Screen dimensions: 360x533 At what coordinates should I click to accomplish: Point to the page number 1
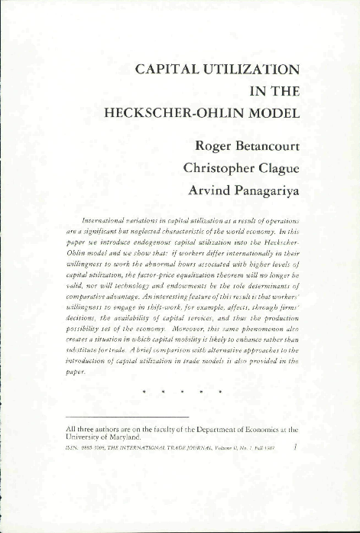tap(296, 450)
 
